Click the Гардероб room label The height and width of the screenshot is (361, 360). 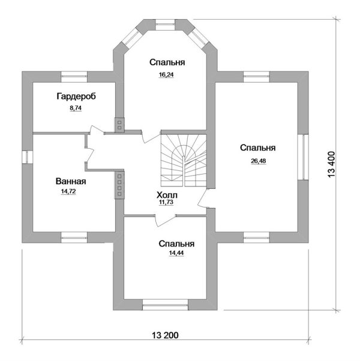coord(76,96)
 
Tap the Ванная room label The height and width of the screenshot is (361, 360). coord(71,182)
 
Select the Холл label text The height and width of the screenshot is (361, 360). coord(167,195)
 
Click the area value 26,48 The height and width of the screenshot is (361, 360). coord(259,161)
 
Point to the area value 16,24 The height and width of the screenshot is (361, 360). coord(166,75)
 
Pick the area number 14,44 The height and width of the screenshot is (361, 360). coord(176,253)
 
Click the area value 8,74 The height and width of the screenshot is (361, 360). coord(76,108)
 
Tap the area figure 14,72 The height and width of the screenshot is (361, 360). coord(68,191)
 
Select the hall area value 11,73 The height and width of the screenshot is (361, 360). coord(166,202)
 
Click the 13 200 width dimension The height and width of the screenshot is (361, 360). coord(165,335)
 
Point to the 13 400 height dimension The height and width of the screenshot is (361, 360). coord(331,164)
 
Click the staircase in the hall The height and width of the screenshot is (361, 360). coord(184,160)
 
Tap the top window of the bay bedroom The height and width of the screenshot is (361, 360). coord(165,25)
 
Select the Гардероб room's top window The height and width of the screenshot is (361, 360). coord(74,77)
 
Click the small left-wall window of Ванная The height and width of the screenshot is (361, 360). coord(28,157)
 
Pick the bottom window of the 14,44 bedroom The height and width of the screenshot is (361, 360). coord(165,305)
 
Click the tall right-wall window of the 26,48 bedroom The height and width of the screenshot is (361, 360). coord(303,157)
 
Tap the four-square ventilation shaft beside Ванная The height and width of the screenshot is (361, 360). coord(119,185)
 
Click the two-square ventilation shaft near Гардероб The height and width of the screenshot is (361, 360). coord(119,125)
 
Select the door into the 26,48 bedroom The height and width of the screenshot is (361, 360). coord(203,199)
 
